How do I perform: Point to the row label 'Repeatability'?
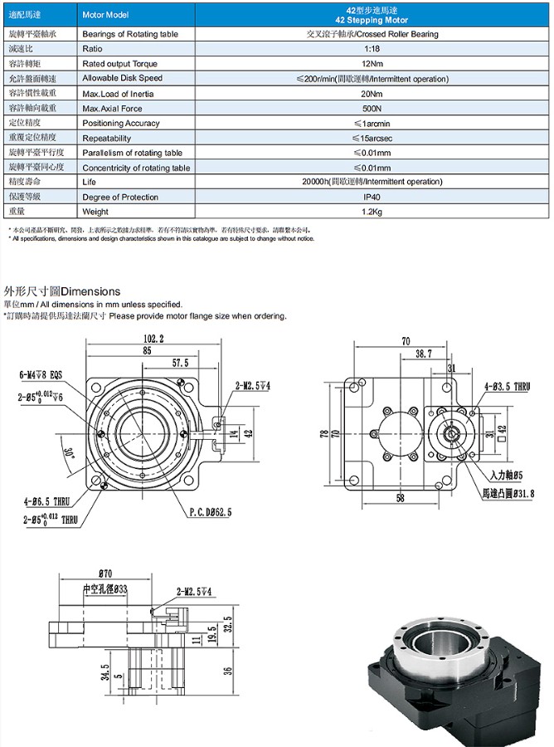[107, 139]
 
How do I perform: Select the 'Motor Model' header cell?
[105, 15]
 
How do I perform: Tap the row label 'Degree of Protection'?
[119, 198]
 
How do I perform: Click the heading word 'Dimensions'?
[91, 291]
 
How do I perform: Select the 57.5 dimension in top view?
[180, 363]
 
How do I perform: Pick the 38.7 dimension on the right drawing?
[423, 354]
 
